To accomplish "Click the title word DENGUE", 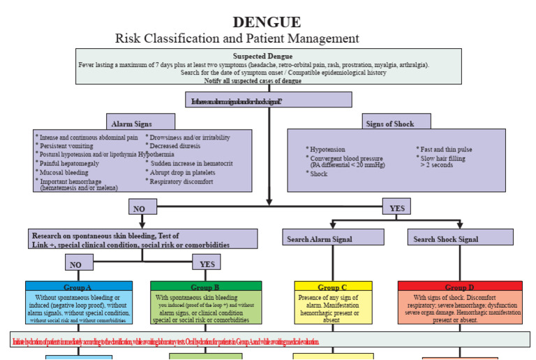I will tap(268, 22).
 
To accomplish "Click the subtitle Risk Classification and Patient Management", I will tap(237, 38).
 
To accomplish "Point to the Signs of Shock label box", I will tap(389, 123).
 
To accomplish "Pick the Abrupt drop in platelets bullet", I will tap(184, 172).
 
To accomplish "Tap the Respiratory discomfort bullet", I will tap(186, 181).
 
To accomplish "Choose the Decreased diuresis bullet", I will tap(177, 146).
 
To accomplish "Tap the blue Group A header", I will tap(78, 287).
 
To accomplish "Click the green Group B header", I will tap(206, 287).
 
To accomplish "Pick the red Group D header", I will tap(459, 287).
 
